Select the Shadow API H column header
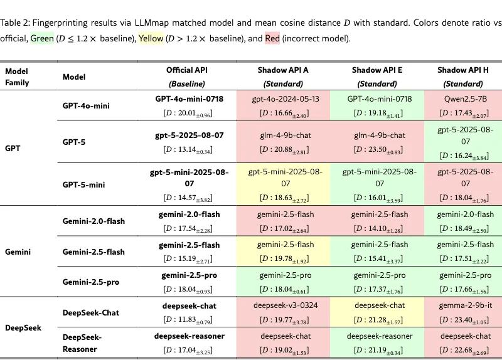462,76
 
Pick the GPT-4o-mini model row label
86,105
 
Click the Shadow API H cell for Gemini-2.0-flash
463,221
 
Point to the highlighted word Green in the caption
41,38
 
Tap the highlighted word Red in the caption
272,38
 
